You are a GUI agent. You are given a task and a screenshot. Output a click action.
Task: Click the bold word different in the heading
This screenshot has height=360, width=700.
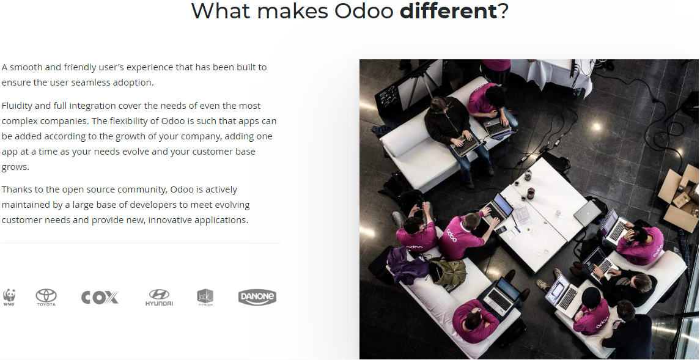[448, 10]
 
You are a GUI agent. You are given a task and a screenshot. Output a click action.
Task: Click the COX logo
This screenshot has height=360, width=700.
[100, 298]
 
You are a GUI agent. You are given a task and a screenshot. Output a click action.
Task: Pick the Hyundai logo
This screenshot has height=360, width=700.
[159, 298]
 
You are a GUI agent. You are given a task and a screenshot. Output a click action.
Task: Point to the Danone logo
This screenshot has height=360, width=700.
[257, 297]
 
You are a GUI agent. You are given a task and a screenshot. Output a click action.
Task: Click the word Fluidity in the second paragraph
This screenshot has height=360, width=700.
[17, 106]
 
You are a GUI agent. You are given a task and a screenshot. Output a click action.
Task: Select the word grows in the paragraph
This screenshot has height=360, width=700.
[15, 167]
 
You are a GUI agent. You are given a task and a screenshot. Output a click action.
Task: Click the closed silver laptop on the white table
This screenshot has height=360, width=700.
[588, 213]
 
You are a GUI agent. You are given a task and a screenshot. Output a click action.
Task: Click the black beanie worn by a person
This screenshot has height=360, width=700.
[592, 297]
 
